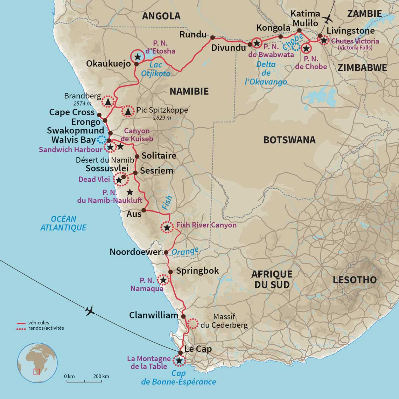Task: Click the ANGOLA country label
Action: pos(161,16)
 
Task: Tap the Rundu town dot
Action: pos(212,37)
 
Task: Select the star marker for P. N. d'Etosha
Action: pos(138,56)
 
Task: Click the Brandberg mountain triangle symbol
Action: pos(108,101)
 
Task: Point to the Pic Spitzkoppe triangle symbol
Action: pos(128,111)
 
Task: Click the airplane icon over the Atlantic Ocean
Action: pos(90,310)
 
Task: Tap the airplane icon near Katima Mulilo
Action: pos(328,19)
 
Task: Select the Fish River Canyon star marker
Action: pos(167,227)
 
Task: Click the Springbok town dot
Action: pos(170,272)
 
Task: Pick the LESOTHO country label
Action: pos(355,280)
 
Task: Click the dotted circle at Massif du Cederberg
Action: pos(192,323)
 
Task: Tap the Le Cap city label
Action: pos(198,349)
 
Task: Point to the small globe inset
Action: pos(37,363)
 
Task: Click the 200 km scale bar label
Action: pos(101,376)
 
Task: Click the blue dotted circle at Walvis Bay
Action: pos(101,139)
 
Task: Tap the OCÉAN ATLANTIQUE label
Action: pos(63,223)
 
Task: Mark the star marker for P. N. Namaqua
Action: pos(163,280)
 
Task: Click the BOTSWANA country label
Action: pos(289,140)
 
